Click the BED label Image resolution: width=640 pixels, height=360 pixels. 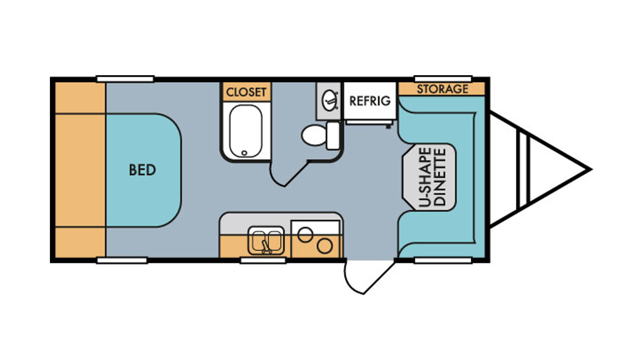click(142, 170)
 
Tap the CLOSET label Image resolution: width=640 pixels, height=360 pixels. click(246, 92)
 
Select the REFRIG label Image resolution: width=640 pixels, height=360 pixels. click(370, 101)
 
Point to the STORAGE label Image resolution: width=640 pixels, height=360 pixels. click(443, 89)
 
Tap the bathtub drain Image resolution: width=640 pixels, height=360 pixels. click(244, 153)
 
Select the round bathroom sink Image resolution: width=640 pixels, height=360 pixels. click(330, 100)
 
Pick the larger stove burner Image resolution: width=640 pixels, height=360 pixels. click(324, 246)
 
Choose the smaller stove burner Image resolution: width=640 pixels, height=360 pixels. click(305, 235)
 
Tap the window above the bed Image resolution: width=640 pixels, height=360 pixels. click(125, 79)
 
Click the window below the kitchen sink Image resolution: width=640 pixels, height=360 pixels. click(263, 260)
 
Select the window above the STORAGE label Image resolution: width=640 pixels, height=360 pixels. click(443, 79)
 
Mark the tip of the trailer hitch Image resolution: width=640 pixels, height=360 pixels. click(591, 170)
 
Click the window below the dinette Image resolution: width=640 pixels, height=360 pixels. click(443, 260)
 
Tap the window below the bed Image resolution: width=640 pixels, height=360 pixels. click(122, 260)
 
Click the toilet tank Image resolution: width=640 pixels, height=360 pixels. click(333, 136)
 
